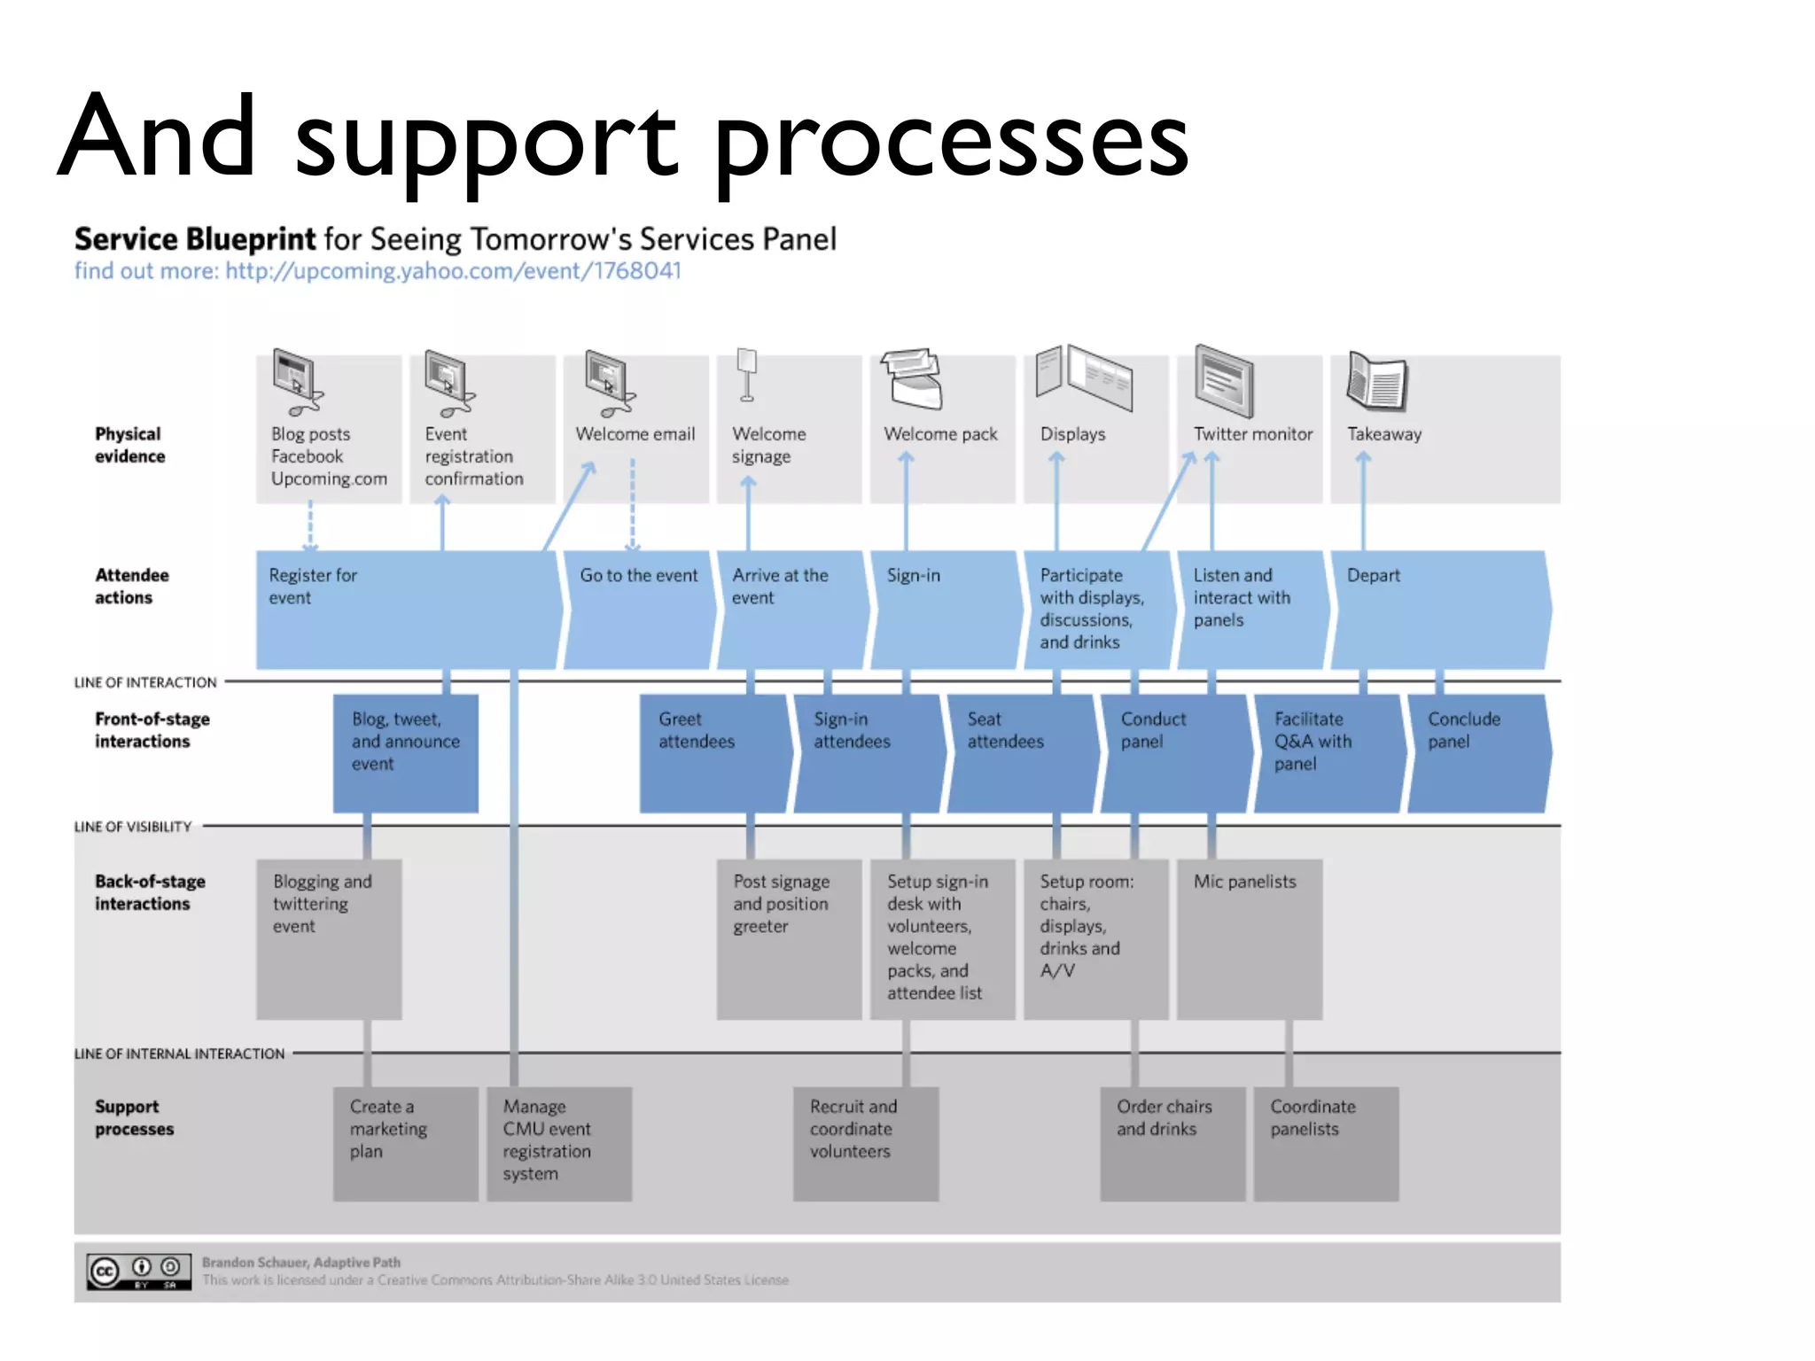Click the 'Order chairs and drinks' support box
[1172, 1143]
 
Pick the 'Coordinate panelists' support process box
[1326, 1143]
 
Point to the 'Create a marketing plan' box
[405, 1143]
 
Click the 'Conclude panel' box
[1478, 753]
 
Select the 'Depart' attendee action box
[1440, 610]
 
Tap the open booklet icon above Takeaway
[1377, 381]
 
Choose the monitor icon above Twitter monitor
[1224, 381]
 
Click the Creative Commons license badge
[139, 1272]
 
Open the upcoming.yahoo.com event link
[453, 271]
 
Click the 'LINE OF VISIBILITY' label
[133, 827]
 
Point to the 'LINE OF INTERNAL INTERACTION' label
[179, 1054]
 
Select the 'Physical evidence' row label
[129, 445]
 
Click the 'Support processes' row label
[134, 1117]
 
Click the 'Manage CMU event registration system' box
[559, 1143]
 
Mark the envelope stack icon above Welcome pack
[911, 378]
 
